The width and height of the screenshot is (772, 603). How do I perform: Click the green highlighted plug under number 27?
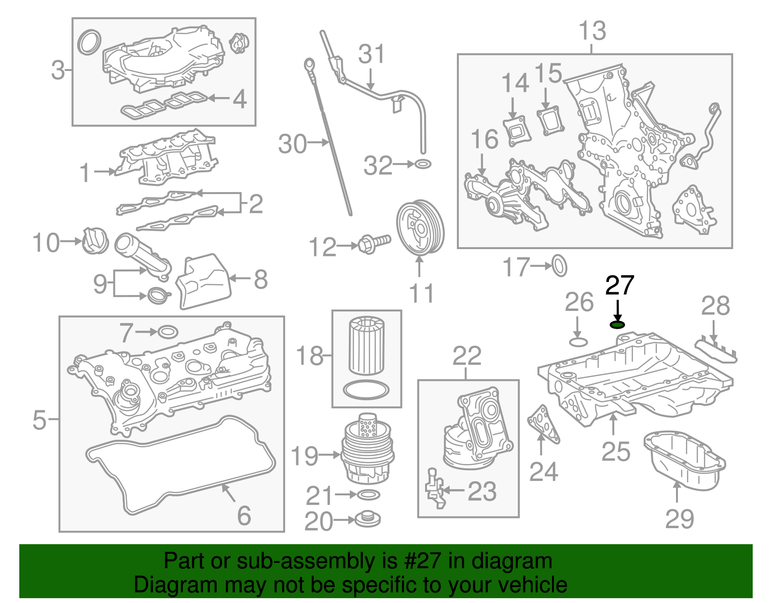(x=618, y=324)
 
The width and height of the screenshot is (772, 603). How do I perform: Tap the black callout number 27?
(x=620, y=286)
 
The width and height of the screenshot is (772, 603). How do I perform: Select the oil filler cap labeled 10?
(x=95, y=240)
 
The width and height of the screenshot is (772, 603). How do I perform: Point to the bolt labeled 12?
(x=374, y=242)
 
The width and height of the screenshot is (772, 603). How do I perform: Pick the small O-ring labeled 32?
(x=423, y=164)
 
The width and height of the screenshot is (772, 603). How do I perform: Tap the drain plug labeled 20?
(x=368, y=519)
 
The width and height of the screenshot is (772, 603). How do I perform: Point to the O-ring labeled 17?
(x=559, y=266)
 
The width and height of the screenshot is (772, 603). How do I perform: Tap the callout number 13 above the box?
(x=592, y=31)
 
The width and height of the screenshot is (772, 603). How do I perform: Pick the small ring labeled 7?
(x=167, y=332)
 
